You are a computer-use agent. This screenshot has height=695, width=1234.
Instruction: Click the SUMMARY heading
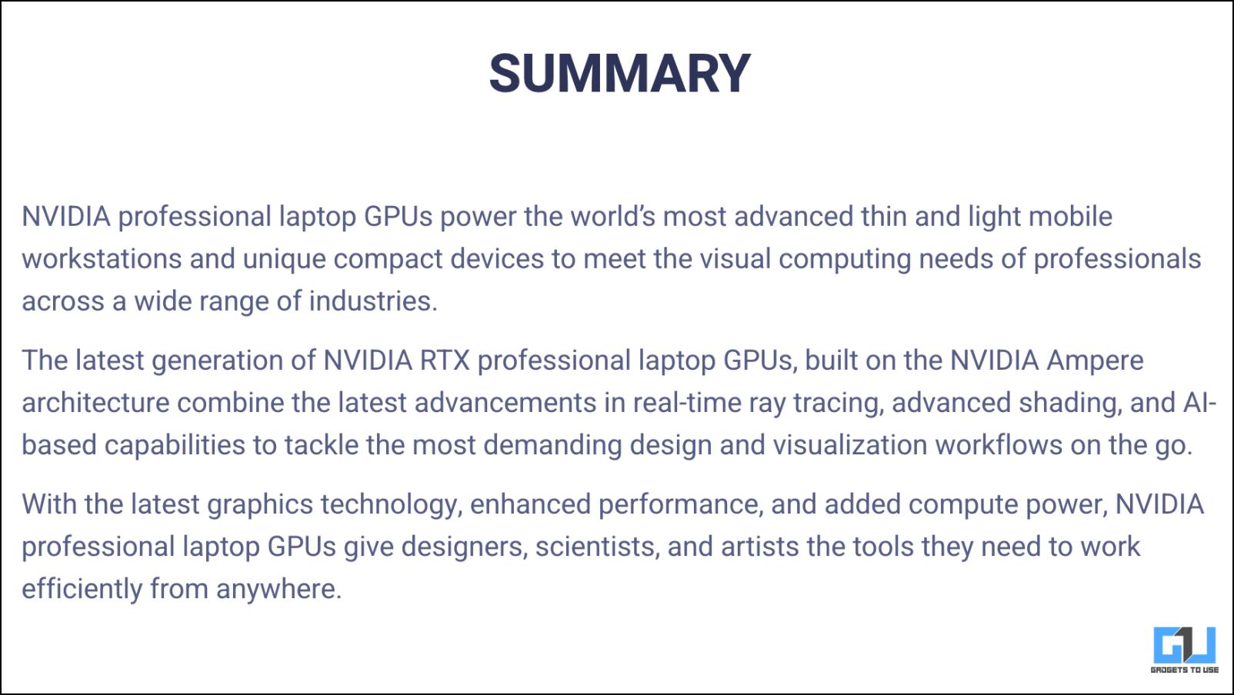pyautogui.click(x=619, y=73)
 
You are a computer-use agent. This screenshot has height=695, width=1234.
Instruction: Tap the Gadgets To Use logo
pyautogui.click(x=1185, y=650)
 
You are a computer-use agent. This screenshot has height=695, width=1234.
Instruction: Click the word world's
pyautogui.click(x=612, y=216)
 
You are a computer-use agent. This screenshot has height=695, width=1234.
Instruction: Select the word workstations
pyautogui.click(x=102, y=258)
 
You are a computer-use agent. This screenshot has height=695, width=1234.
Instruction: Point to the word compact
pyautogui.click(x=388, y=259)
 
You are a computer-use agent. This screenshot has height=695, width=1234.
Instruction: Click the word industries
pyautogui.click(x=373, y=301)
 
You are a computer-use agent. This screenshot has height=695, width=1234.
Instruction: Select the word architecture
pyautogui.click(x=95, y=403)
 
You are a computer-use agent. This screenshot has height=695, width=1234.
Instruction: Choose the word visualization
pyautogui.click(x=850, y=445)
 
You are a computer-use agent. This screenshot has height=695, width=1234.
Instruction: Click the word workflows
pyautogui.click(x=999, y=445)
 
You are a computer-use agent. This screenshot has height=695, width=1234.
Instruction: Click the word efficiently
pyautogui.click(x=82, y=589)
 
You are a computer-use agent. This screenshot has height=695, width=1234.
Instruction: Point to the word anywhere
pyautogui.click(x=278, y=589)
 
